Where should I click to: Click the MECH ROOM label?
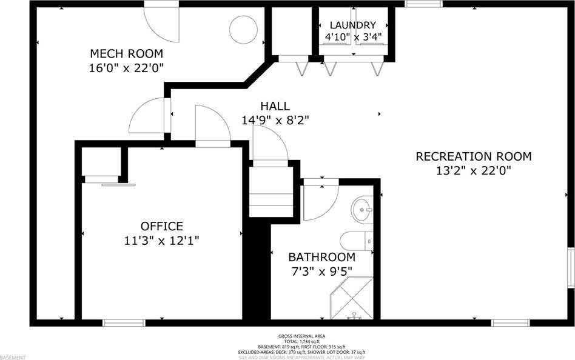[126, 53]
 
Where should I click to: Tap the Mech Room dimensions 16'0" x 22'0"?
[126, 67]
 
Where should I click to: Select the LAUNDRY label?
[352, 25]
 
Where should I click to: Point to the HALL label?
[275, 106]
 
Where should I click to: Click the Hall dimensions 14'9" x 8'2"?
[275, 120]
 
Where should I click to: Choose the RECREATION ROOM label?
[473, 156]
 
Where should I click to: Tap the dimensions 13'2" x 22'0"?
[473, 171]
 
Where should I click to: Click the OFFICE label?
[161, 226]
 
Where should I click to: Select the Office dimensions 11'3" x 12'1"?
[161, 241]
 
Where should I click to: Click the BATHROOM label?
[321, 257]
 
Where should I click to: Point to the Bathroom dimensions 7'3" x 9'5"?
[321, 271]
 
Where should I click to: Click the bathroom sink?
[363, 210]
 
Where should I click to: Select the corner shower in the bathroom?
[352, 300]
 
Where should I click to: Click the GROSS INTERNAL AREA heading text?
[301, 336]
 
